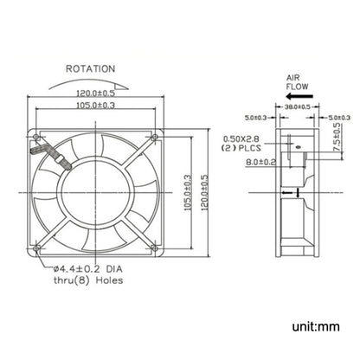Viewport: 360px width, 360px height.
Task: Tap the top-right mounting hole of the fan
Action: pyautogui.click(x=153, y=136)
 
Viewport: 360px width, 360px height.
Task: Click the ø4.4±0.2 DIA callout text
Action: pyautogui.click(x=89, y=268)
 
